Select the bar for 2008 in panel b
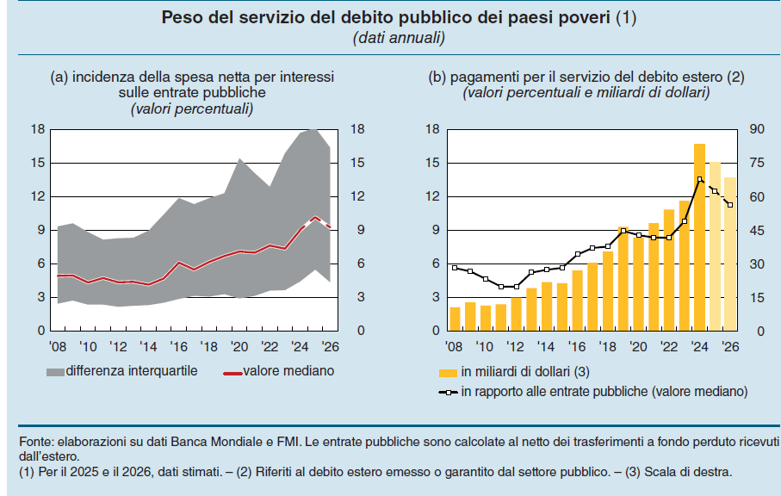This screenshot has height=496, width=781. point(456,319)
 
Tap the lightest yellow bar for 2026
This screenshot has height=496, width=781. point(730,254)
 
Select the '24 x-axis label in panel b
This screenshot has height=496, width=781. point(698,346)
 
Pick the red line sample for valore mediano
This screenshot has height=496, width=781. point(231,372)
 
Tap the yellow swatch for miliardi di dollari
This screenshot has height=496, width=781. point(448,372)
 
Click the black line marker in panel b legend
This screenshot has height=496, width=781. point(448,392)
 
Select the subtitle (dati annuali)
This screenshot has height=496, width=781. point(398,38)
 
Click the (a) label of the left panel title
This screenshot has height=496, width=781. point(59,77)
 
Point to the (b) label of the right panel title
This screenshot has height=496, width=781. point(437,77)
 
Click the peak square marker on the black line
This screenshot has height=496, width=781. point(699,179)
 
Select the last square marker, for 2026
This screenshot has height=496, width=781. point(730,205)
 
